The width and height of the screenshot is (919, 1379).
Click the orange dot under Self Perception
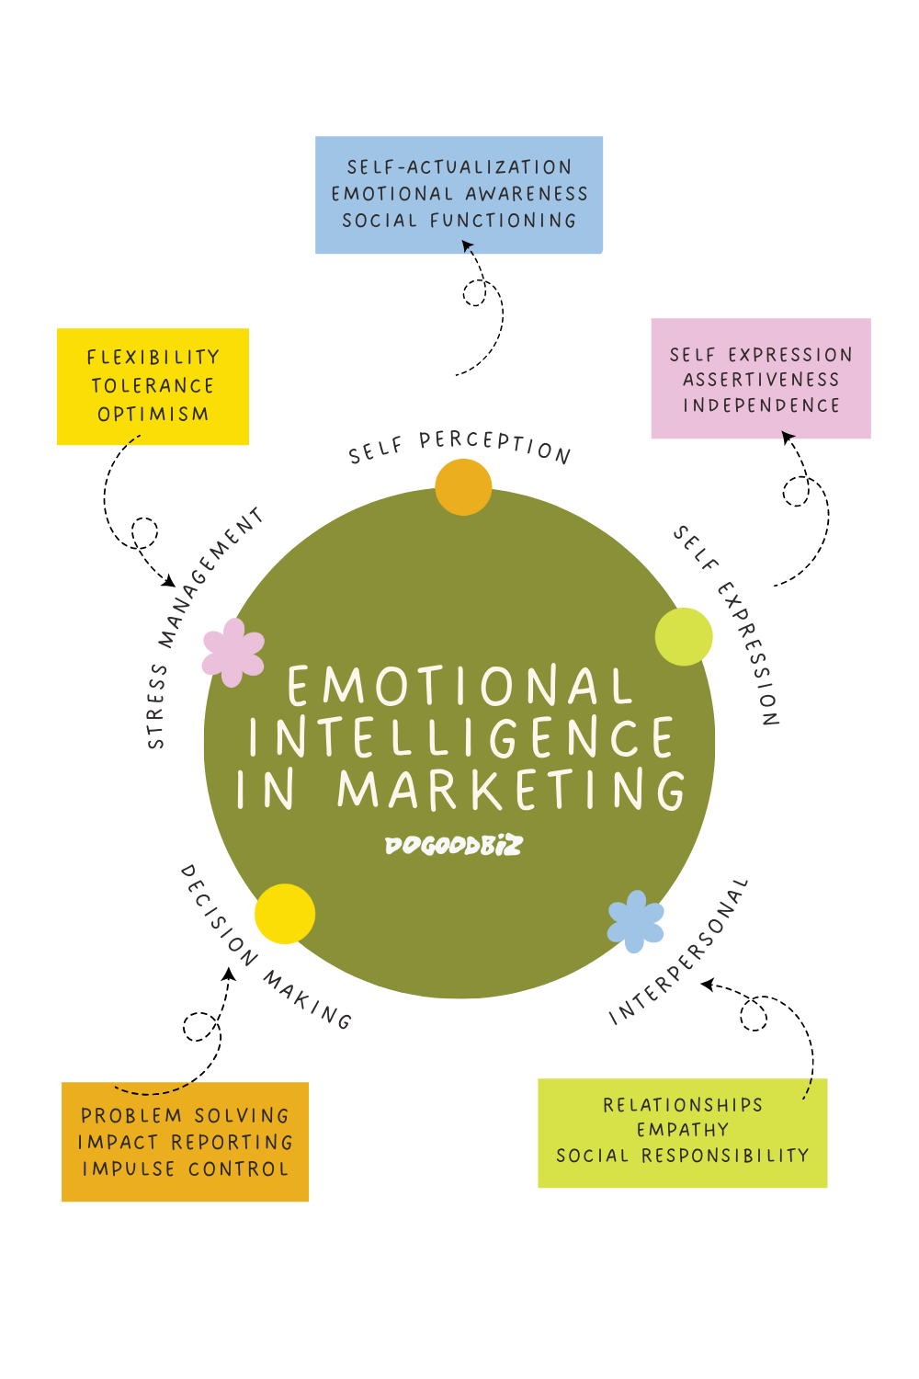[463, 486]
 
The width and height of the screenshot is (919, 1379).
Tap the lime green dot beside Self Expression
[684, 636]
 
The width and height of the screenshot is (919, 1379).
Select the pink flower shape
[233, 652]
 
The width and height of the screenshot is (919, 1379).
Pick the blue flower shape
[636, 921]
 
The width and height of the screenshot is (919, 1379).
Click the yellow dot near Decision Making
[284, 914]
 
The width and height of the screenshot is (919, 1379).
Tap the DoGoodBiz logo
[453, 845]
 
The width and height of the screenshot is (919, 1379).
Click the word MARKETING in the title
[512, 790]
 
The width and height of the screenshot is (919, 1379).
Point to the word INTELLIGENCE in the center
[461, 737]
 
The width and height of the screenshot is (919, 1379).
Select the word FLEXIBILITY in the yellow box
[153, 358]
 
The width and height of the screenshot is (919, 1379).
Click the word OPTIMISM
[153, 415]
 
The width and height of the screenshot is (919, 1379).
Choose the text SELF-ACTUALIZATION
[459, 167]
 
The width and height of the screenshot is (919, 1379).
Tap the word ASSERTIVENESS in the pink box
[761, 380]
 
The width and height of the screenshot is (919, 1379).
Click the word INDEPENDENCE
[761, 405]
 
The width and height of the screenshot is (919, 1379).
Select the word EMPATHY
[683, 1130]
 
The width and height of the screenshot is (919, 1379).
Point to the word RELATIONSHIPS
[683, 1105]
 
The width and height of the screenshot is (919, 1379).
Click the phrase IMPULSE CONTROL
[186, 1169]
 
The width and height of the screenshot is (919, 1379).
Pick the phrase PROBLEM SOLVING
[186, 1116]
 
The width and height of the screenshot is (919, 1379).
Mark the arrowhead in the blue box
[468, 245]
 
